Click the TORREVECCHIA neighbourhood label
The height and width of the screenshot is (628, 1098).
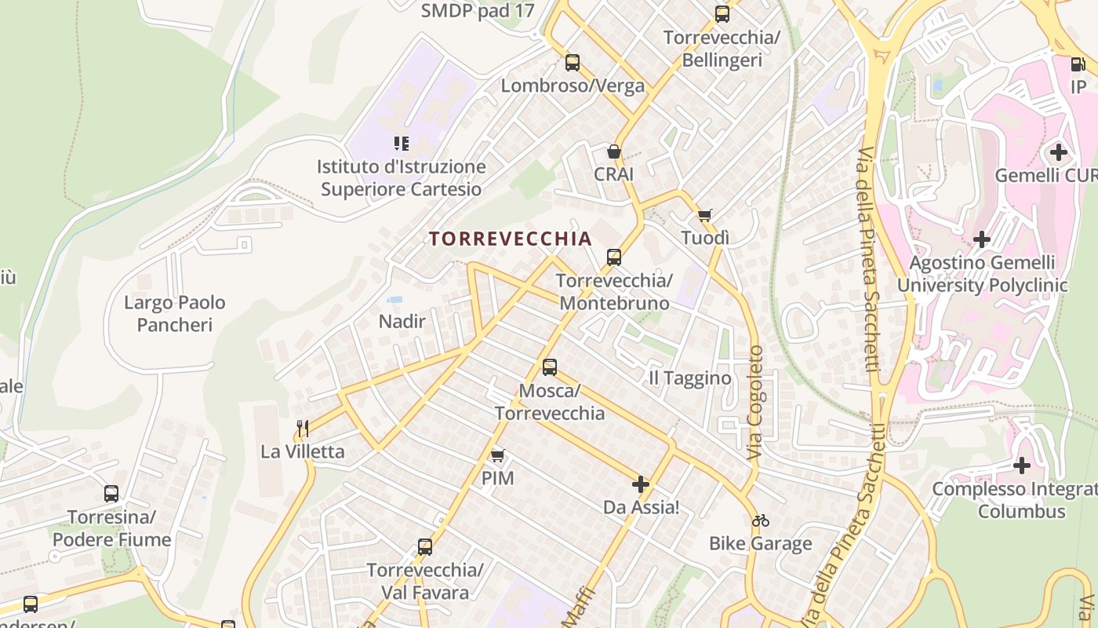(x=510, y=239)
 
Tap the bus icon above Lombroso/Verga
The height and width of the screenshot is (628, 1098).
(x=573, y=63)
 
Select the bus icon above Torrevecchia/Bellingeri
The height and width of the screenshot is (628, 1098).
(x=722, y=14)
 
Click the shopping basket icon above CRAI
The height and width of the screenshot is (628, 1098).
(x=613, y=152)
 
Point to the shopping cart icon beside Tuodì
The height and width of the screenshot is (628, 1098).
(x=705, y=215)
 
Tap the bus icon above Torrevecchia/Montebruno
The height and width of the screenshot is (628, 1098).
(x=614, y=257)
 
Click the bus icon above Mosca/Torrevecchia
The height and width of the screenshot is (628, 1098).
(x=550, y=367)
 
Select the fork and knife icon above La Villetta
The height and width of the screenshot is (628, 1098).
(x=303, y=428)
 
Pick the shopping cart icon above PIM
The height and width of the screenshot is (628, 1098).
(x=497, y=455)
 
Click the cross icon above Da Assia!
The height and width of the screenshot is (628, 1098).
(x=641, y=484)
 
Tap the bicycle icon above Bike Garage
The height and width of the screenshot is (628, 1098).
(x=760, y=520)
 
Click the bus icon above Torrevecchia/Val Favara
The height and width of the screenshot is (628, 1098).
(x=425, y=546)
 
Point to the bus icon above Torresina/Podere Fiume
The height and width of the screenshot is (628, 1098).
(x=111, y=494)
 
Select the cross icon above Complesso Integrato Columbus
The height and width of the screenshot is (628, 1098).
(x=1021, y=466)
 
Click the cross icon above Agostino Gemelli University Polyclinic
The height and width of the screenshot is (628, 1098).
(x=982, y=239)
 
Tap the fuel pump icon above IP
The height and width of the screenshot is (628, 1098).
(x=1078, y=64)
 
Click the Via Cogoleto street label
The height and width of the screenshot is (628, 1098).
(x=755, y=403)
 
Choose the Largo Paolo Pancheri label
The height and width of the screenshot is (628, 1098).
(x=175, y=313)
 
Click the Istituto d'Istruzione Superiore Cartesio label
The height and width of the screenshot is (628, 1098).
(x=402, y=178)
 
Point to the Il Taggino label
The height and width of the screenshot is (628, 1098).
(x=690, y=378)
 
